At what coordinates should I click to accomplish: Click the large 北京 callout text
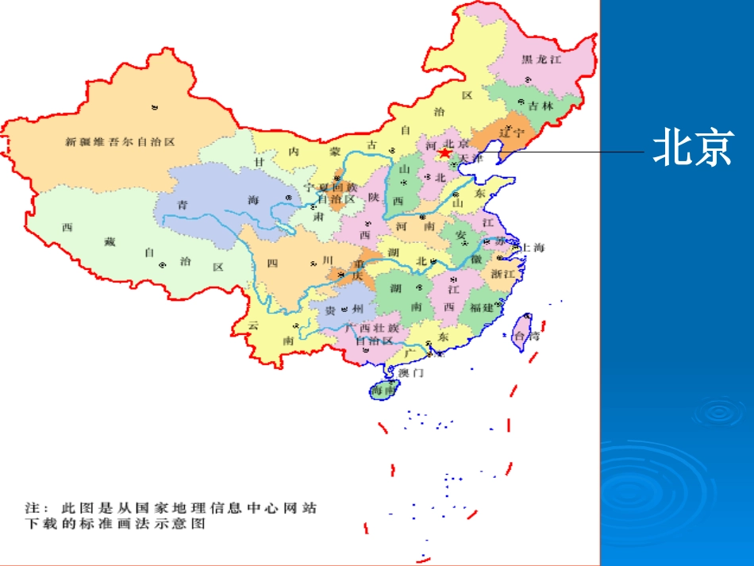tap(691, 148)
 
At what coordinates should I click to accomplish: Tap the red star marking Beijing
tap(446, 152)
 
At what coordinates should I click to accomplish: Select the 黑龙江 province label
tap(541, 60)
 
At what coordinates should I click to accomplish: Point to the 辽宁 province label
tap(512, 133)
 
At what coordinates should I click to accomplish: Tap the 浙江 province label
tap(504, 273)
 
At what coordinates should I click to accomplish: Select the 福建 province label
tap(482, 307)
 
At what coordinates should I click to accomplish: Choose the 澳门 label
tap(411, 372)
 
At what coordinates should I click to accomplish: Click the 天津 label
tap(469, 159)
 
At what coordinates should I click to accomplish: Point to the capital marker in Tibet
tap(163, 265)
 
